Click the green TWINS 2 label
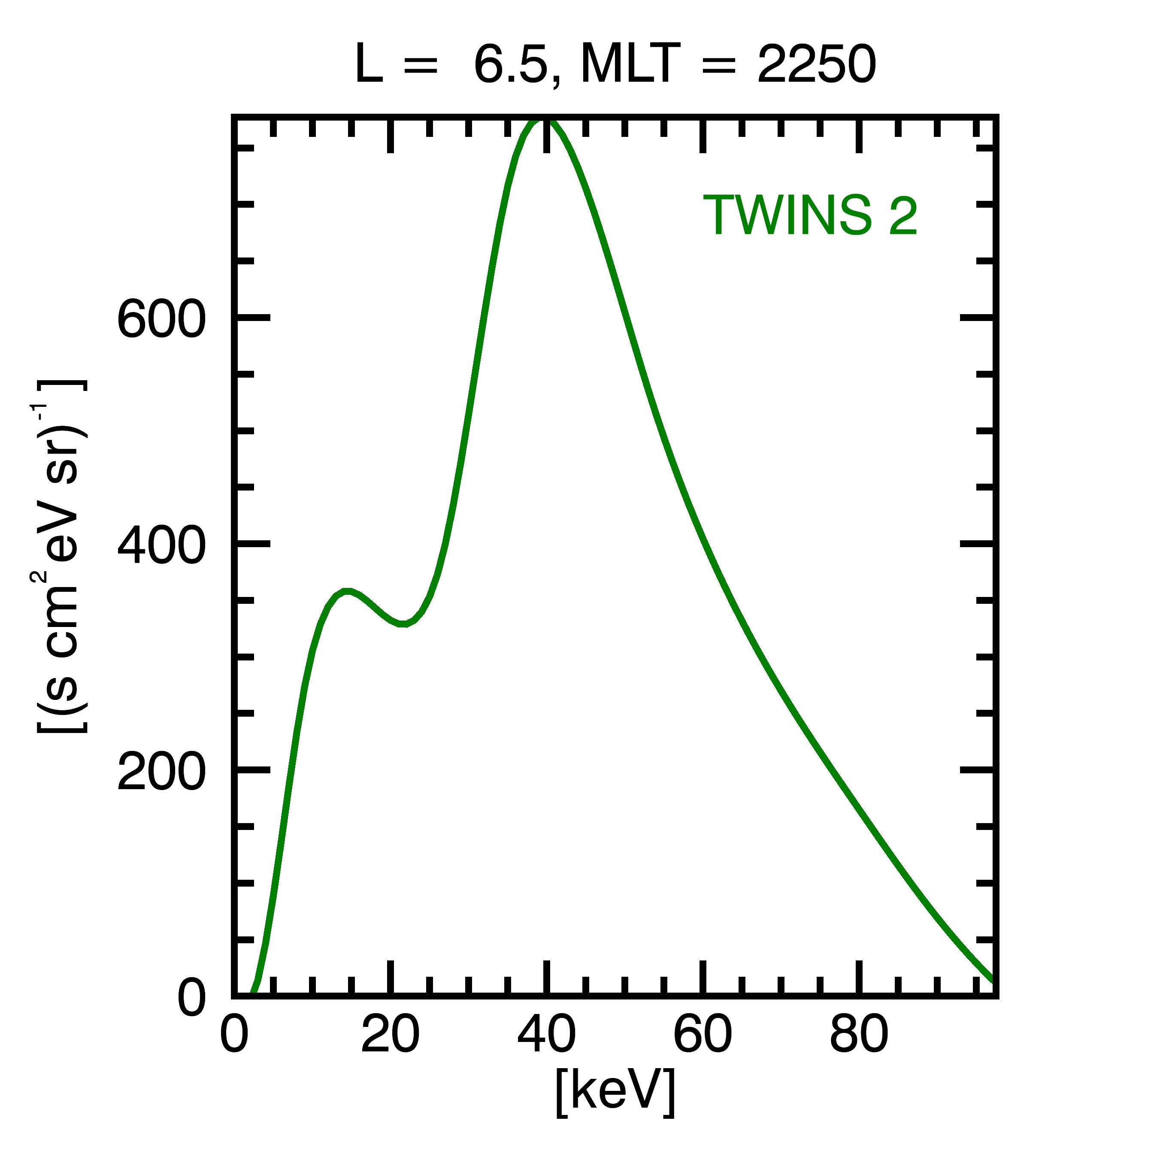pyautogui.click(x=809, y=215)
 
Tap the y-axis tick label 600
pyautogui.click(x=161, y=319)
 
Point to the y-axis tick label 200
pyautogui.click(x=161, y=773)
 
